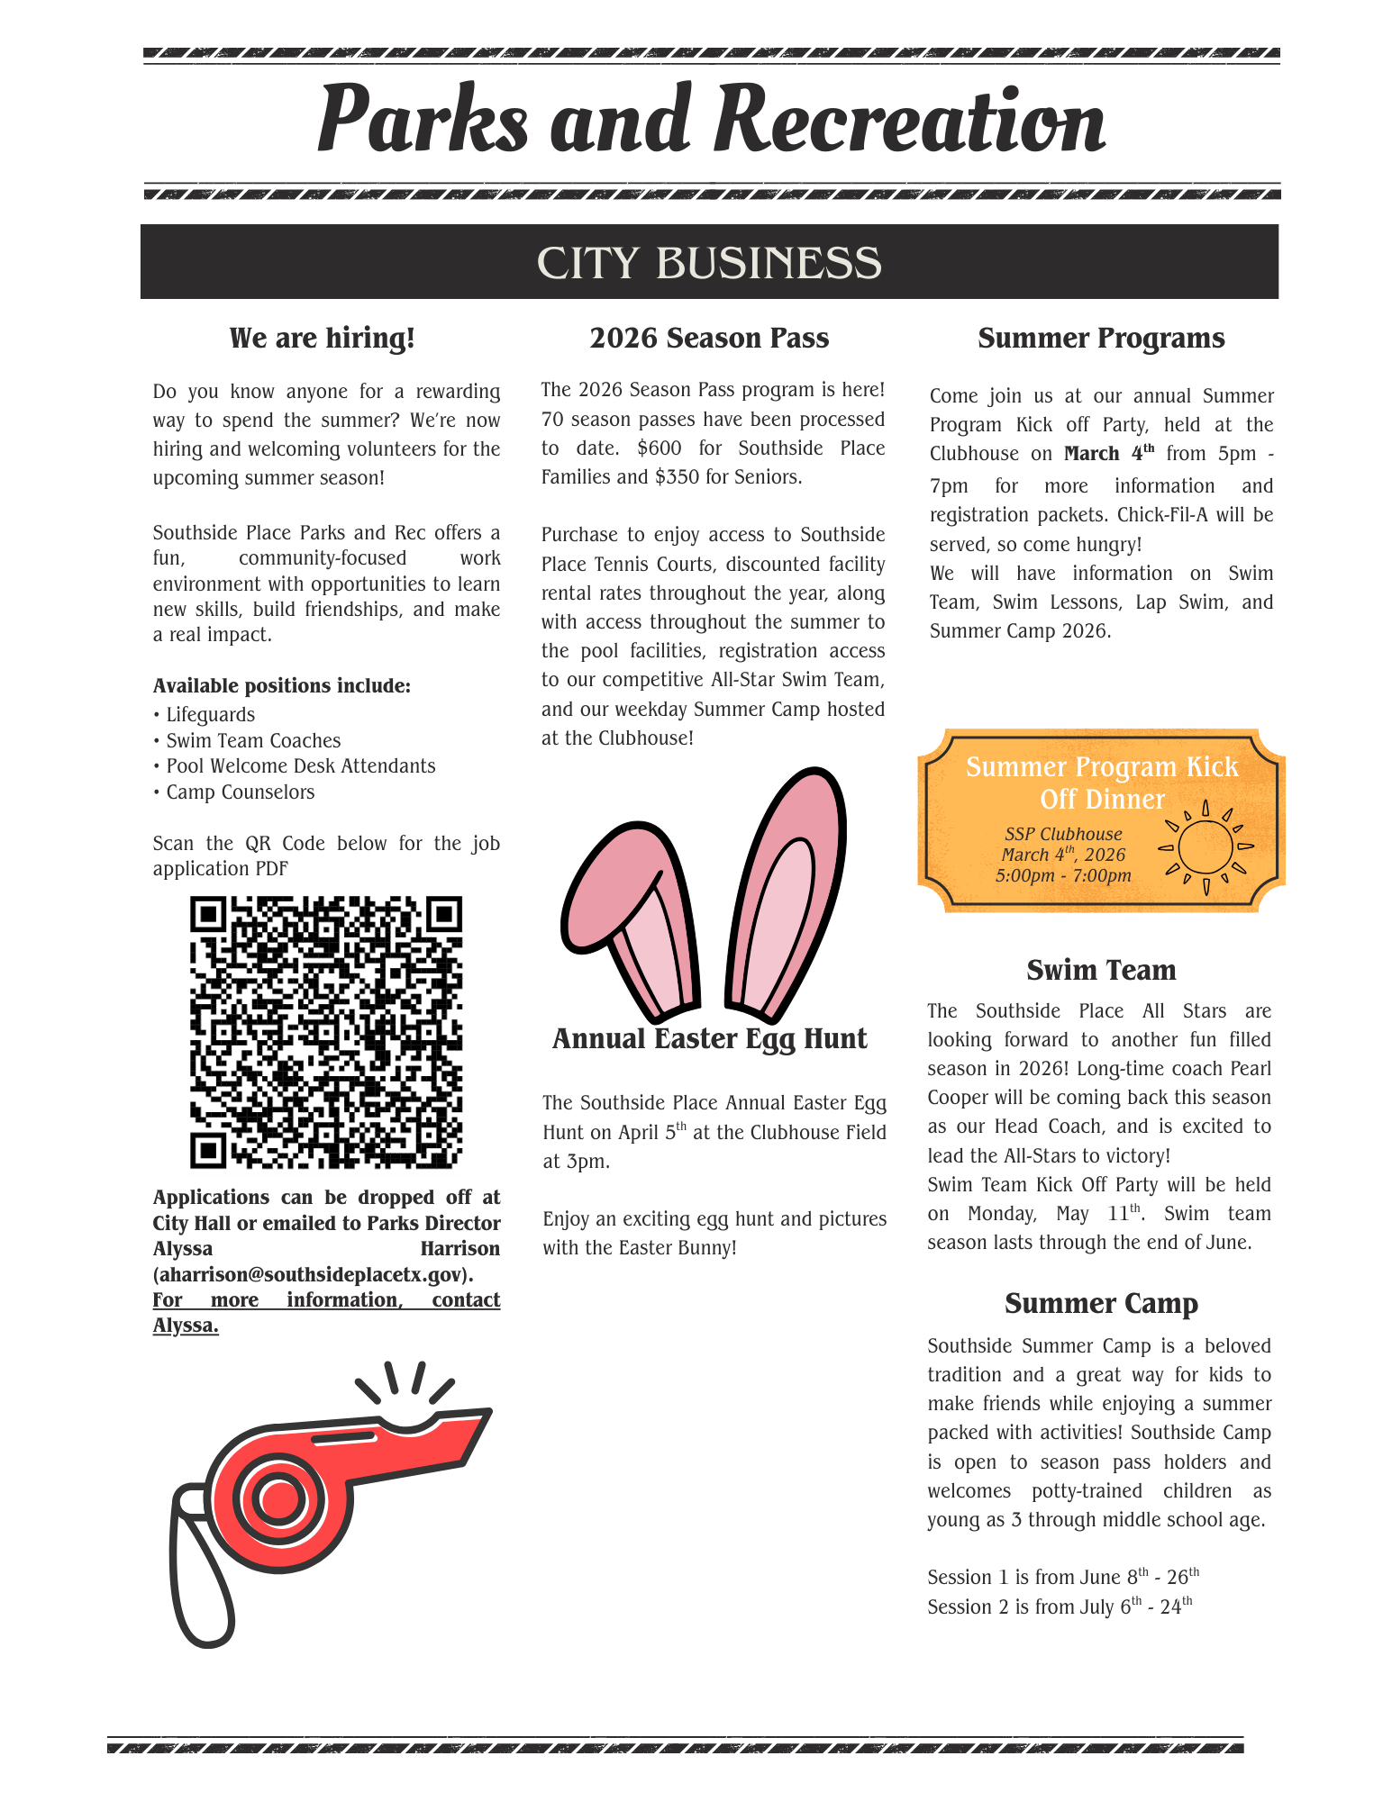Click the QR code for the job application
pos(326,1032)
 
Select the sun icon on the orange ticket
pos(1205,846)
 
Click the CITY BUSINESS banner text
pos(709,263)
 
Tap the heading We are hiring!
pos(323,339)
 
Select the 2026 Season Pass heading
pos(709,339)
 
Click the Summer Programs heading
pos(1101,339)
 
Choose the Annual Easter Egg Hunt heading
pos(709,1039)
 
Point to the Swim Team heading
pos(1101,970)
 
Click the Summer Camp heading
pos(1101,1304)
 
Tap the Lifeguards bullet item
pos(210,715)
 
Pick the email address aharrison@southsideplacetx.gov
pos(313,1275)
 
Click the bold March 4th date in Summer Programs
pos(1108,454)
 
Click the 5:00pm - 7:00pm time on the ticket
pos(1063,875)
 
